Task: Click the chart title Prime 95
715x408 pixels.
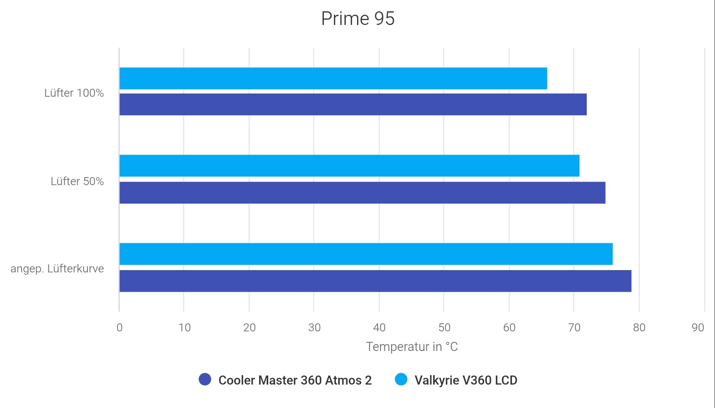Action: [x=357, y=19]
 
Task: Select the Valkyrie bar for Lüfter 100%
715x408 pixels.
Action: [x=333, y=79]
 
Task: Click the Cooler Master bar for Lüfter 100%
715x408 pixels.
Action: [x=353, y=104]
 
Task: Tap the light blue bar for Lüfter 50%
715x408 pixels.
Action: [x=349, y=165]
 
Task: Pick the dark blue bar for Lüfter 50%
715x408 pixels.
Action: [x=362, y=193]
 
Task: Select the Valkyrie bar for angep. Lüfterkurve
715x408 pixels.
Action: [x=366, y=254]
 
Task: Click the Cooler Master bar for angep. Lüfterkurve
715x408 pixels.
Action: [x=375, y=281]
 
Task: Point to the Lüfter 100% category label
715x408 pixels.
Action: [x=74, y=93]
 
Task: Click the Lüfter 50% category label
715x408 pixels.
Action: [x=77, y=181]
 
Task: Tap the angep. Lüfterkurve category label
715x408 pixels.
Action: [x=57, y=269]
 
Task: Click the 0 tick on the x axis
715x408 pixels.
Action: [x=120, y=328]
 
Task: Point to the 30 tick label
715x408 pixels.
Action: [x=314, y=328]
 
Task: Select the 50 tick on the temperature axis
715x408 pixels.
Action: [x=444, y=328]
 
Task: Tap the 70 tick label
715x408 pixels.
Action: [x=574, y=328]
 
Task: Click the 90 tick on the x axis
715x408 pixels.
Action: [x=698, y=328]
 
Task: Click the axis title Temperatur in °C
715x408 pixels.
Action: [x=412, y=347]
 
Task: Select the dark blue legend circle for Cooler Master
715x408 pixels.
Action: [x=205, y=380]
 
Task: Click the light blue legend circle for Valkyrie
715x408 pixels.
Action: [x=401, y=380]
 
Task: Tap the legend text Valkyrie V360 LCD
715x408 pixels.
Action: [x=466, y=380]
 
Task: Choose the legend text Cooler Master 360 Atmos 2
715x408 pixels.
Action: [x=295, y=380]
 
